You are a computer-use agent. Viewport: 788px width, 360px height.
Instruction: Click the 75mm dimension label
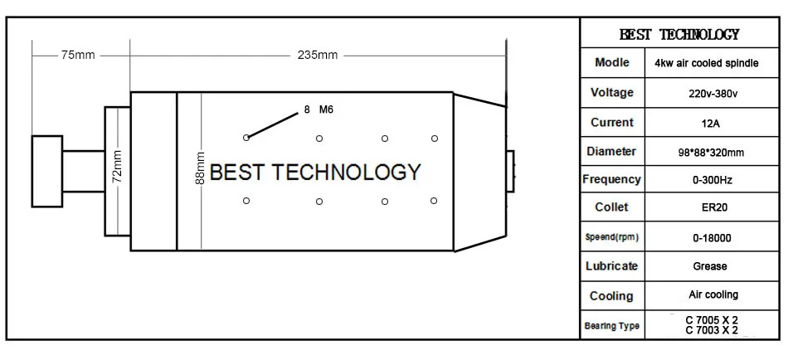point(78,56)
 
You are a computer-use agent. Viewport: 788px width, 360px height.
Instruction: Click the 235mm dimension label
point(318,56)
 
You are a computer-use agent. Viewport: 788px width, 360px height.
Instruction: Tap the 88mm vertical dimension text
point(200,169)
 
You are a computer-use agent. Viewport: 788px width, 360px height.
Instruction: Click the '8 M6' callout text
point(319,109)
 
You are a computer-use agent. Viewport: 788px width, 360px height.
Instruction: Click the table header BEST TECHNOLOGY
point(679,35)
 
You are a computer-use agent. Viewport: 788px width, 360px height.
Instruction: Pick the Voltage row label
point(612,92)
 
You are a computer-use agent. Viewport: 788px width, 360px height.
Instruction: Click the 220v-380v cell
point(712,93)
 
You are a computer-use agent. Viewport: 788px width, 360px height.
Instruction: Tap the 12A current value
point(712,123)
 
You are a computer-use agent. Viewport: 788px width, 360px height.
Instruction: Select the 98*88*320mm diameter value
point(712,153)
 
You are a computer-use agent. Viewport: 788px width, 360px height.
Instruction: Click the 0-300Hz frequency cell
point(712,180)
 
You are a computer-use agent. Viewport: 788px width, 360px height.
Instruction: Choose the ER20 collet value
point(712,208)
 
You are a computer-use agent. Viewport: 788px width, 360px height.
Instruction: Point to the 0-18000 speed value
point(712,238)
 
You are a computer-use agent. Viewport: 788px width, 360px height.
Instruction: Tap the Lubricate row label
point(612,266)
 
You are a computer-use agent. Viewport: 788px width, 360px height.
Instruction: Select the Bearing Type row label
point(612,326)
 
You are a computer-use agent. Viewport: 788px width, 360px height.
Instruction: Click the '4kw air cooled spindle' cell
point(712,63)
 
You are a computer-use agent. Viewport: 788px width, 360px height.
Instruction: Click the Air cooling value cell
point(713,294)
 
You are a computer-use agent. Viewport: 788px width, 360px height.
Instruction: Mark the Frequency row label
point(612,179)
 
